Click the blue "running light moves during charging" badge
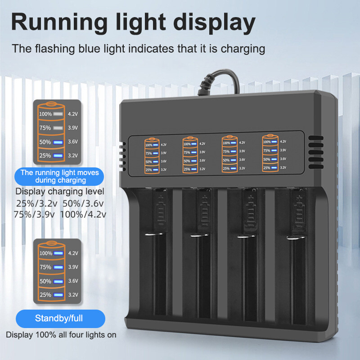click(x=60, y=176)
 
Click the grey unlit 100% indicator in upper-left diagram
click(x=57, y=114)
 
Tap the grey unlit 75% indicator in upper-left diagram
click(x=57, y=128)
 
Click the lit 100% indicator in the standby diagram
click(x=57, y=253)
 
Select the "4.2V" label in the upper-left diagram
click(x=72, y=114)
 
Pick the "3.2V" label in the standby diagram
click(x=72, y=295)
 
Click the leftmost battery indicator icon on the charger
click(x=152, y=156)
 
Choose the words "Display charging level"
click(x=60, y=192)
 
